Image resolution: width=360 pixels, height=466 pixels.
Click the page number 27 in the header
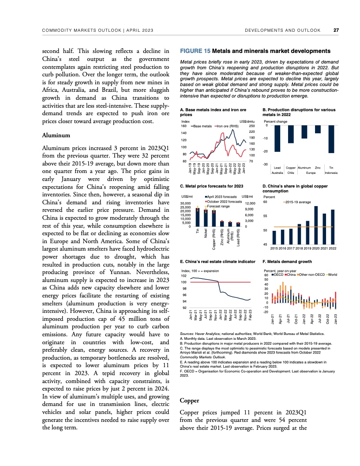(336, 30)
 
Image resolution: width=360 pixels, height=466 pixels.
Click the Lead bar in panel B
(277, 139)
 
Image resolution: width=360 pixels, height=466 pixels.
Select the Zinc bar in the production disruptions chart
(318, 129)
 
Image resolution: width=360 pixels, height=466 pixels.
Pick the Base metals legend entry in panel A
(201, 126)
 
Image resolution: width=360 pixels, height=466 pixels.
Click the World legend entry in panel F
(331, 274)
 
